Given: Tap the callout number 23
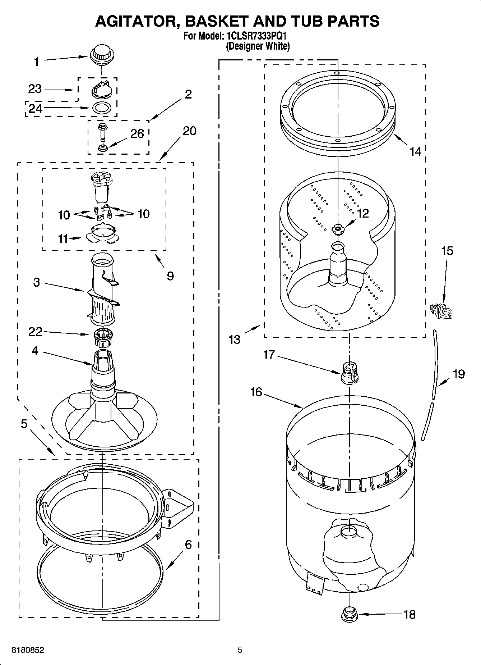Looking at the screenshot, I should (35, 89).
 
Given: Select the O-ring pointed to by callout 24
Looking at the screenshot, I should (102, 107).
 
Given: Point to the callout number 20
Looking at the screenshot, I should (189, 131).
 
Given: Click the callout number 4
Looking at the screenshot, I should (35, 350).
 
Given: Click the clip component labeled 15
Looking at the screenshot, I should (441, 310).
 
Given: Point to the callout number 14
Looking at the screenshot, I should (415, 151).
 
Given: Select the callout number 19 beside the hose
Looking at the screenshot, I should (458, 374).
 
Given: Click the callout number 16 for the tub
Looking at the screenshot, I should (256, 392).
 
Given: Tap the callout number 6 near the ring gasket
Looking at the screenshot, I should (188, 545).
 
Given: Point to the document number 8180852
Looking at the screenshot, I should (28, 650).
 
